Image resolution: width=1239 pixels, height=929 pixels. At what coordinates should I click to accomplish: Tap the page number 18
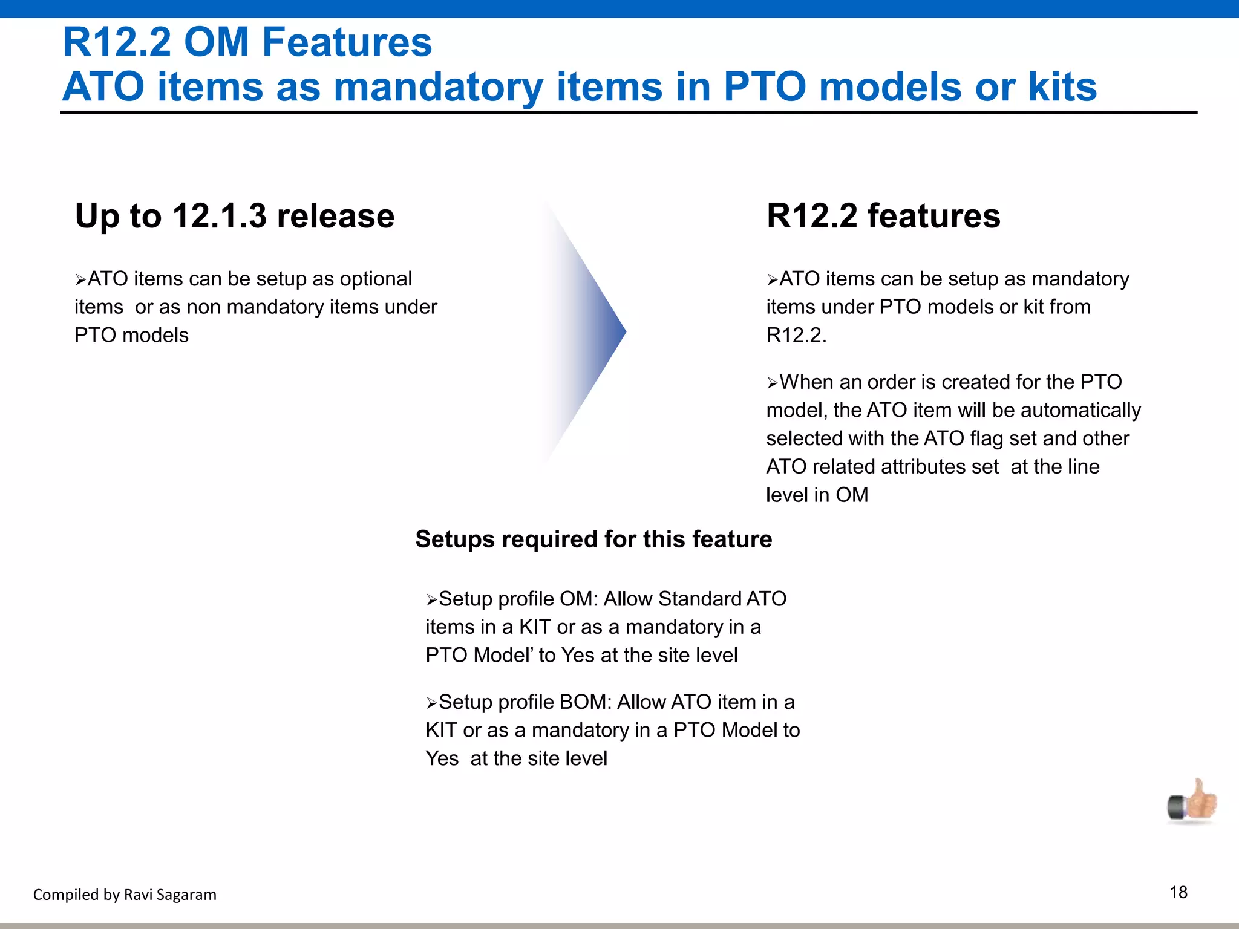[1178, 892]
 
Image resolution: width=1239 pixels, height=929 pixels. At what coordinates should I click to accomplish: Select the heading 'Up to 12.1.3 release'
[235, 216]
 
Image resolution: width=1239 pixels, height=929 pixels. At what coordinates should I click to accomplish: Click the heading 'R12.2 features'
[883, 216]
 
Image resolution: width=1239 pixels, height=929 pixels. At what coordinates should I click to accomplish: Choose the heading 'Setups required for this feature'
[593, 539]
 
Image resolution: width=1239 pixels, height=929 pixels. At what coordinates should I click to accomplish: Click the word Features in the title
[347, 42]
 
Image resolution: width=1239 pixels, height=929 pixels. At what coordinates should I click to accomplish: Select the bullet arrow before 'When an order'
[772, 383]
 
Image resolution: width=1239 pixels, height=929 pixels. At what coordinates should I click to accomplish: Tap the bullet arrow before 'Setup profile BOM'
[431, 703]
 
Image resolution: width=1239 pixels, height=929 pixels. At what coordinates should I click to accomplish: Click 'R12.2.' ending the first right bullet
[796, 335]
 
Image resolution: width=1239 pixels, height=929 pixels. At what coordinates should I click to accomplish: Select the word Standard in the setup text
[699, 599]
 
